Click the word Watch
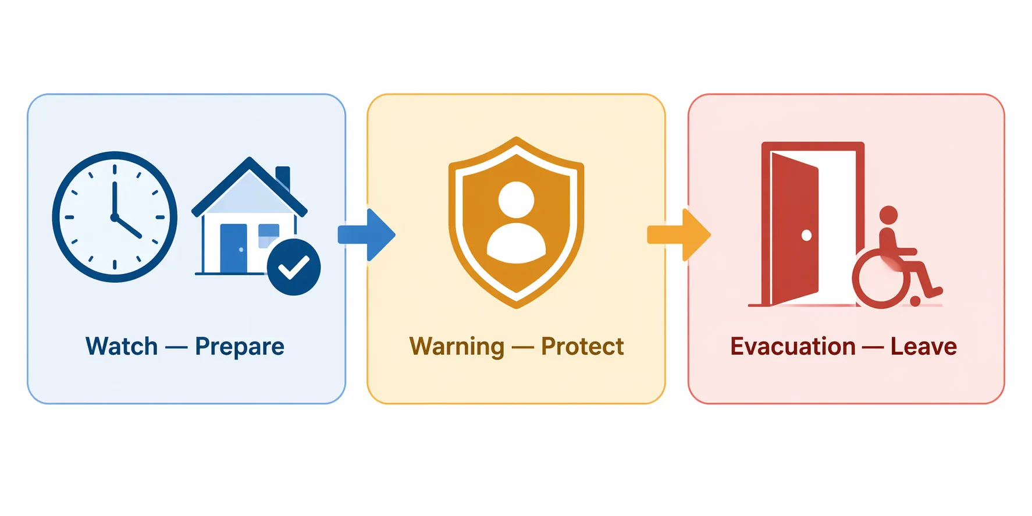tap(122, 346)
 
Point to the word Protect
tap(582, 346)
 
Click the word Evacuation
tap(793, 346)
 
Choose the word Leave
tap(924, 346)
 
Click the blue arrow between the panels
tap(366, 235)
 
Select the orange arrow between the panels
tap(679, 235)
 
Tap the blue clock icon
tap(115, 217)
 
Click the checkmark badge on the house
tap(294, 267)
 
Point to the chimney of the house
tap(283, 177)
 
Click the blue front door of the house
tap(234, 248)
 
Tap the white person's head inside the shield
tap(517, 200)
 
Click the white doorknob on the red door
tap(806, 235)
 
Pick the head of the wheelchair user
tap(888, 215)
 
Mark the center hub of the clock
tap(115, 217)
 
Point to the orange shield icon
tap(517, 222)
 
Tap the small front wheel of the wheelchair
tap(916, 301)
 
